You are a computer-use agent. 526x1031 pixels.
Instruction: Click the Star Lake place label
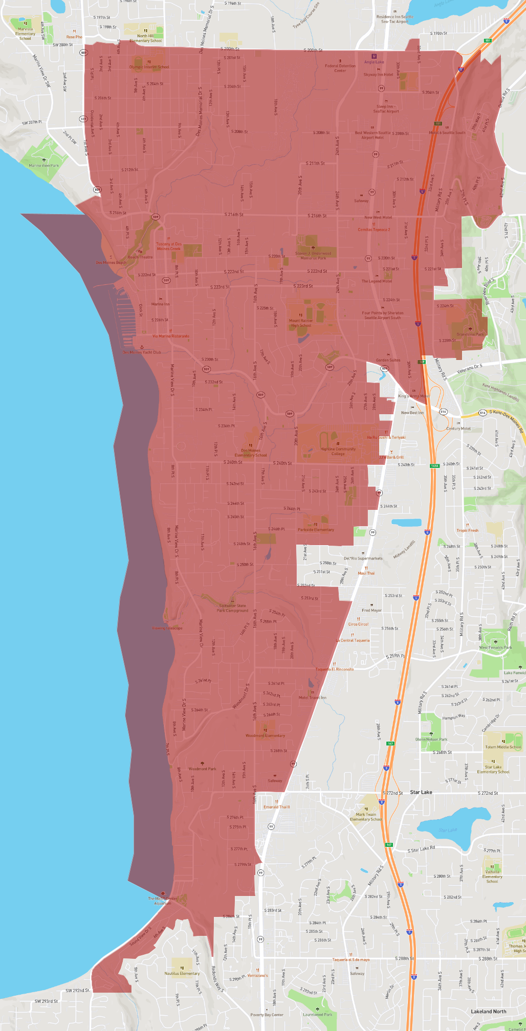[x=421, y=792]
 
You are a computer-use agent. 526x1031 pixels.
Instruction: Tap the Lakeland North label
[x=488, y=1011]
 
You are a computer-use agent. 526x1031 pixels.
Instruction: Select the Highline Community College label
[x=338, y=451]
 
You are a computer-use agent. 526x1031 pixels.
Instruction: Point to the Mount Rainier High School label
[x=301, y=323]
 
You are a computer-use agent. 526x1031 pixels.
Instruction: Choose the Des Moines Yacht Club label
[x=142, y=352]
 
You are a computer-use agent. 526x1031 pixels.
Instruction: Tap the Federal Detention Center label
[x=340, y=68]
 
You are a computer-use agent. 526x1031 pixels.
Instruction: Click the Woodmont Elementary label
[x=265, y=735]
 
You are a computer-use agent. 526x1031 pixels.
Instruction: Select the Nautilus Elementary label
[x=182, y=973]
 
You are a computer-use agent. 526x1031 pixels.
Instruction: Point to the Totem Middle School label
[x=503, y=747]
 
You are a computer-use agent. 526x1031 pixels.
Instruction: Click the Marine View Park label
[x=43, y=165]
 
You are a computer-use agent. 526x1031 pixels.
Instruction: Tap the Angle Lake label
[x=374, y=62]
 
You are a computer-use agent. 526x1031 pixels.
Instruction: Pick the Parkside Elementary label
[x=316, y=529]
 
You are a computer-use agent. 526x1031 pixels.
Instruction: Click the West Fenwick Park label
[x=495, y=647]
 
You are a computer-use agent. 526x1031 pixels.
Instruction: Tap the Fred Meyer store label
[x=371, y=610]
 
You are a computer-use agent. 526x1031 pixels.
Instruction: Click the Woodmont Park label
[x=202, y=768]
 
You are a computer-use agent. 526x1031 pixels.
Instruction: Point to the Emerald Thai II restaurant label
[x=276, y=807]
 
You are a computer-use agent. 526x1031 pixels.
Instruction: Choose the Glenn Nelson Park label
[x=431, y=739]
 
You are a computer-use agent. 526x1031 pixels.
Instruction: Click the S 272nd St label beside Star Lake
[x=392, y=793]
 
